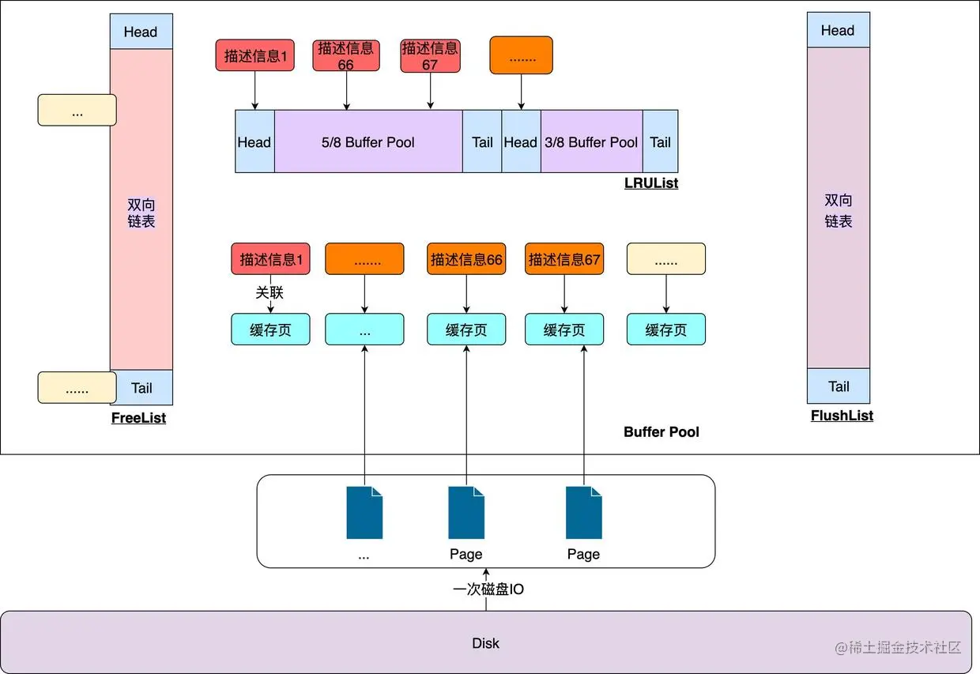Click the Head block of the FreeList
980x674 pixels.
(x=141, y=32)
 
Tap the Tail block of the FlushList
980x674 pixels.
(x=839, y=386)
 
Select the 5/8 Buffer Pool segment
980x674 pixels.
(x=368, y=142)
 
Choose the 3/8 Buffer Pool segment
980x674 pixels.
(x=591, y=142)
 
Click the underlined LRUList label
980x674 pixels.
(x=651, y=183)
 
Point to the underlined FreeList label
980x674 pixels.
(x=138, y=418)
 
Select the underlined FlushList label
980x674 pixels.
(x=842, y=416)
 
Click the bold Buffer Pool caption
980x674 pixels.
(x=661, y=432)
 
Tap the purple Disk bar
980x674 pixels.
(x=485, y=642)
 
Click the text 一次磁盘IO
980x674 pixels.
(x=488, y=589)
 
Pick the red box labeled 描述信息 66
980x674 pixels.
(x=346, y=56)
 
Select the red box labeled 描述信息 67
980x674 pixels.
(x=430, y=56)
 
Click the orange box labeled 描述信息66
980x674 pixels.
(x=466, y=259)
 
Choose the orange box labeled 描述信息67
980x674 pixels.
(x=564, y=259)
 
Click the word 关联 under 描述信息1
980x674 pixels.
(x=269, y=292)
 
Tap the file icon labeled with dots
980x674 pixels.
(x=364, y=514)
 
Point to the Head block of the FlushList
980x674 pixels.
(x=838, y=31)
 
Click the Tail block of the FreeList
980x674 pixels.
(x=141, y=387)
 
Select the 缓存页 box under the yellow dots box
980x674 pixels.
(x=666, y=329)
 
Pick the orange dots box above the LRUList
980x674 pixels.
(x=521, y=56)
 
